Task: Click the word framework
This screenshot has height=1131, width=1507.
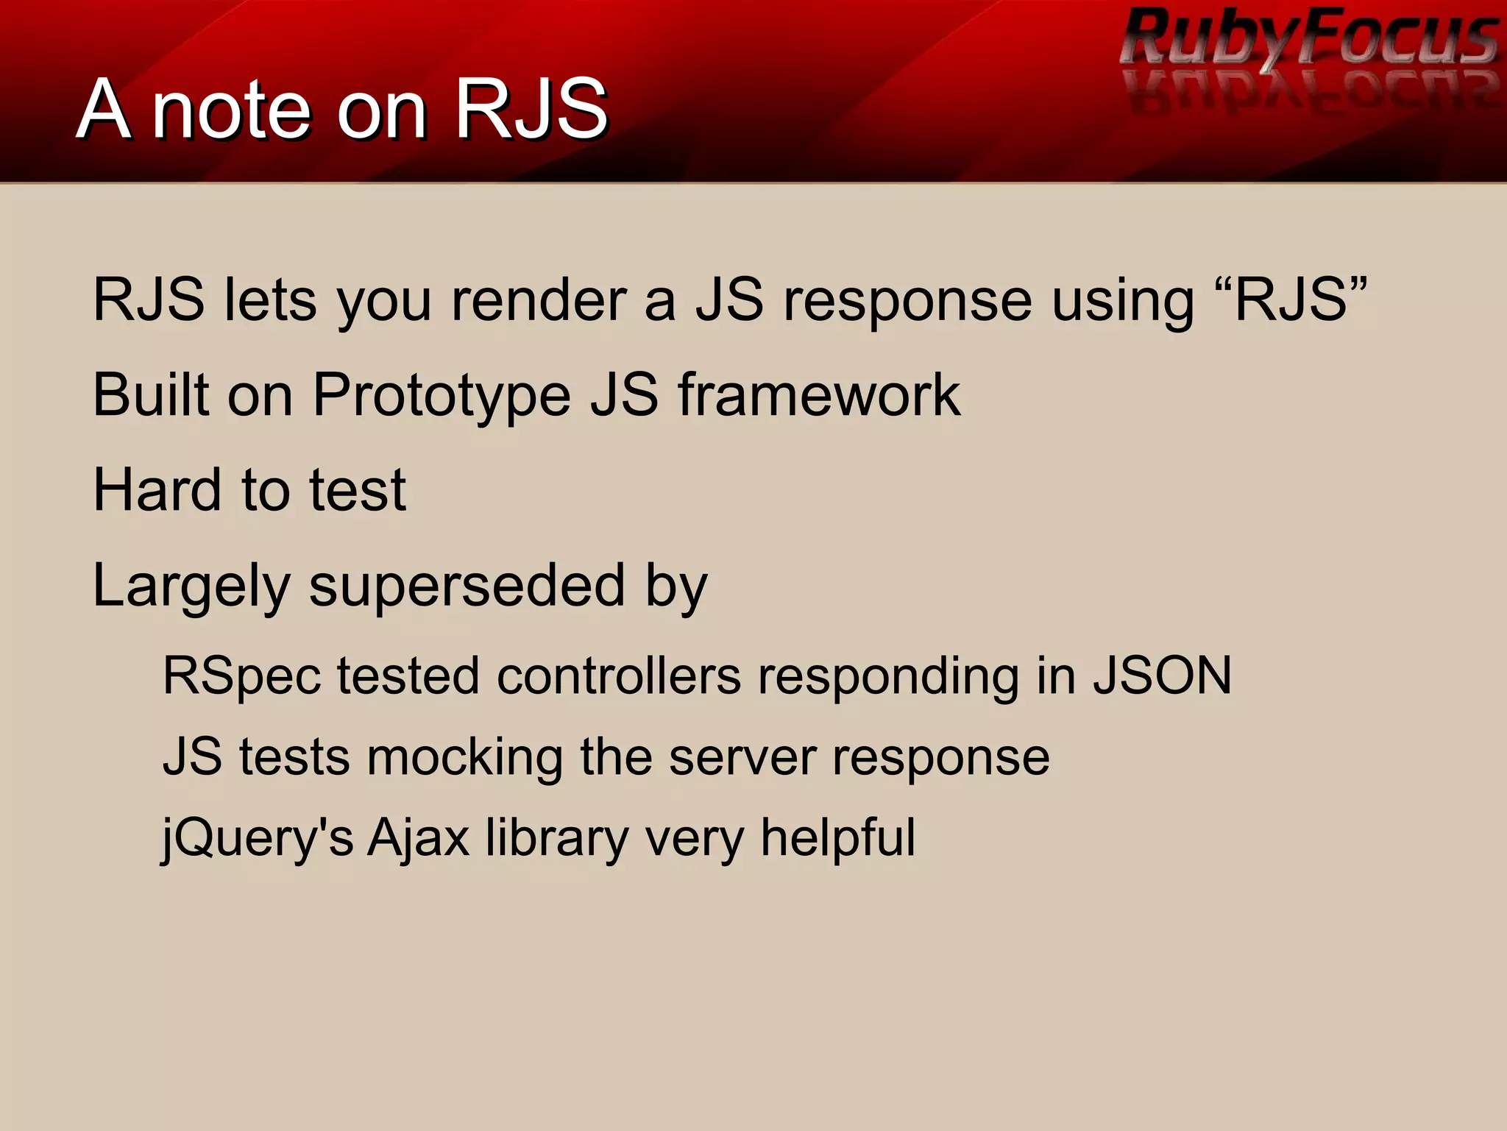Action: pyautogui.click(x=818, y=396)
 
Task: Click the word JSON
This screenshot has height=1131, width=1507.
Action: pyautogui.click(x=1162, y=676)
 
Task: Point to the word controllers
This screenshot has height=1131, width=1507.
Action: pyautogui.click(x=619, y=676)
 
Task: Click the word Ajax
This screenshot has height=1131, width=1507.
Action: pyautogui.click(x=418, y=839)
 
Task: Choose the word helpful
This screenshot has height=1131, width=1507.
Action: pyautogui.click(x=838, y=837)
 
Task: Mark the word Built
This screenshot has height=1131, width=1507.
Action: pyautogui.click(x=151, y=396)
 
